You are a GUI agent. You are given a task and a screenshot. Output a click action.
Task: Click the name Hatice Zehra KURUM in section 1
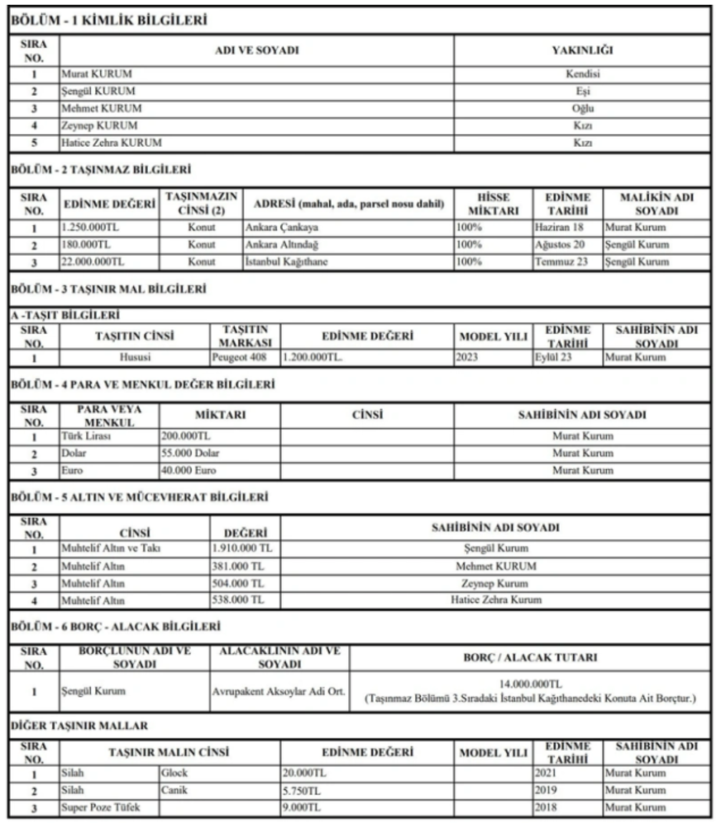click(x=111, y=143)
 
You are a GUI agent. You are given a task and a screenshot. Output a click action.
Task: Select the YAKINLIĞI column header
click(x=582, y=50)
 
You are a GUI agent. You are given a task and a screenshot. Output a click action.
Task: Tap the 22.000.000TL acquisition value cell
click(x=93, y=262)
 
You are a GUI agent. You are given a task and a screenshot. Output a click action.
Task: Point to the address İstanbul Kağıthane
click(x=286, y=262)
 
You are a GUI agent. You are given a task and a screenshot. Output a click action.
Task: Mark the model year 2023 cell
click(x=467, y=357)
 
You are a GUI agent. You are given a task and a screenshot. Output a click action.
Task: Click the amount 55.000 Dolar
click(x=190, y=453)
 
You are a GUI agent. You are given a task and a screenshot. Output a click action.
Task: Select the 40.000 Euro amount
click(x=189, y=470)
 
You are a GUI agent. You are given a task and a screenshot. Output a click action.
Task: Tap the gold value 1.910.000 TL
click(x=242, y=548)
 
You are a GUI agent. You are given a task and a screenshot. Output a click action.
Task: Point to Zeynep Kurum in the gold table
click(x=495, y=584)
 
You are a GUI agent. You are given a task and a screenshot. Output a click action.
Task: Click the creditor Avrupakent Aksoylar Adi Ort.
click(x=279, y=691)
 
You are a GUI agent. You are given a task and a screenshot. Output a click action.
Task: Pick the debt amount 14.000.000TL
click(x=530, y=684)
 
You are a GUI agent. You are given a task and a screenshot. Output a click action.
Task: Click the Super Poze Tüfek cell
click(x=101, y=807)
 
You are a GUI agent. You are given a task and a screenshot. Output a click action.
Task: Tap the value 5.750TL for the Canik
click(x=302, y=790)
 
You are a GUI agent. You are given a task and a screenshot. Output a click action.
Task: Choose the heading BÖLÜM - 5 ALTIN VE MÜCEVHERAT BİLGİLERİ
click(x=140, y=497)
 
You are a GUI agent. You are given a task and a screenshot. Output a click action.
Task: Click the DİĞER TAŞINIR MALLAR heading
click(x=80, y=726)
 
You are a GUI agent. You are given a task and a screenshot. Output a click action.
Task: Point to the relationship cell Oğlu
click(x=582, y=108)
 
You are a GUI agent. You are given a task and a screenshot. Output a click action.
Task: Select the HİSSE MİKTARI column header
click(x=493, y=204)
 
